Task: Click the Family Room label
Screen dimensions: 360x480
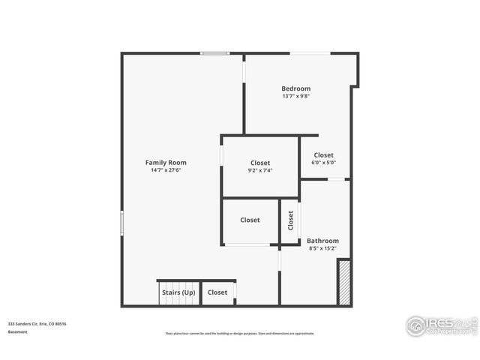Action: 166,163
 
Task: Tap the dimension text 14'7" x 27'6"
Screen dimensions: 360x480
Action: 166,170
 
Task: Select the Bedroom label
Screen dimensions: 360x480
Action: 295,88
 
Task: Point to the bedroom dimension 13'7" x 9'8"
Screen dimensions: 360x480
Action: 295,96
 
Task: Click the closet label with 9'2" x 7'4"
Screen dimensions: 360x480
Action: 260,163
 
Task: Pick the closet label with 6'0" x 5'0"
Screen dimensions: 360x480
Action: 323,155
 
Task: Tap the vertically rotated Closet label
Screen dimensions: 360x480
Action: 290,220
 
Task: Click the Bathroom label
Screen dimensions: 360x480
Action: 322,241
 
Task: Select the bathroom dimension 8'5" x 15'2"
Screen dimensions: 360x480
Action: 322,248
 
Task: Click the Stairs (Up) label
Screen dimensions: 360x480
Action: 178,292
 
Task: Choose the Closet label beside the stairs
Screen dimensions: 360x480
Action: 217,292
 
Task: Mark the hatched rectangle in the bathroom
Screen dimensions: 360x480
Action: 344,282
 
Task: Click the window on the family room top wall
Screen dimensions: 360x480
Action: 214,53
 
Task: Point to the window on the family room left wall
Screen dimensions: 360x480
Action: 122,223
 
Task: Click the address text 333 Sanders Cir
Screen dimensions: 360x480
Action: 37,324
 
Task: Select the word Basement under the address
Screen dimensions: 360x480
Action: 18,331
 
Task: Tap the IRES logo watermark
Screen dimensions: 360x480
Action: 439,325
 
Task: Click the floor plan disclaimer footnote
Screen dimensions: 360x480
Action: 240,334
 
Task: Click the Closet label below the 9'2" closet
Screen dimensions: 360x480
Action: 250,220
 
